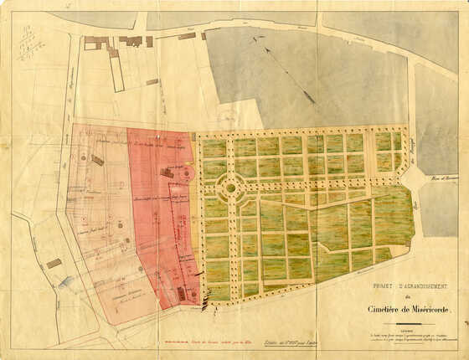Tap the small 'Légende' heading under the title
409,328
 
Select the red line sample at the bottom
178,343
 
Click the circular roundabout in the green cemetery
231,188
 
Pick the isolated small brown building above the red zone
152,82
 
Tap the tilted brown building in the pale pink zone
97,160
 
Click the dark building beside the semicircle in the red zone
168,172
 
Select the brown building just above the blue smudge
54,263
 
